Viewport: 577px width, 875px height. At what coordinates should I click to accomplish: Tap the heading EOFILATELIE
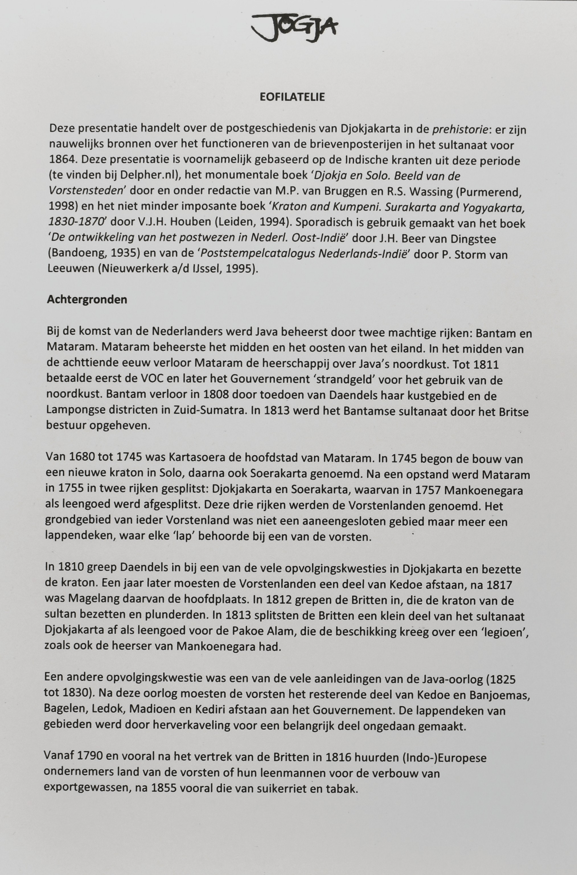click(x=292, y=97)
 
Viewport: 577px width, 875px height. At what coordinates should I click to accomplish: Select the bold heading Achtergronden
click(x=87, y=300)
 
